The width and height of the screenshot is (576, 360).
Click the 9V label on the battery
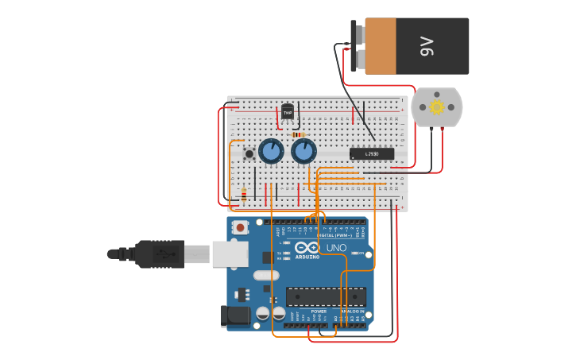[427, 46]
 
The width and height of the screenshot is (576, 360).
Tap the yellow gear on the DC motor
[437, 106]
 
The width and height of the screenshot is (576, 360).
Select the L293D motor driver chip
[372, 153]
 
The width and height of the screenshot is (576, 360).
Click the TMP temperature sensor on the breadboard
[288, 112]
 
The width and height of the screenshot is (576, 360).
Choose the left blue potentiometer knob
[271, 151]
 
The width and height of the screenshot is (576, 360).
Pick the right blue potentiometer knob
[303, 151]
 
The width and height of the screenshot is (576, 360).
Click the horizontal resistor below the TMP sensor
[300, 135]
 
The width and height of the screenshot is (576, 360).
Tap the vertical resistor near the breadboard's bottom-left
[243, 194]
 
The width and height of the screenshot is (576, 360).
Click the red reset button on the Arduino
[240, 227]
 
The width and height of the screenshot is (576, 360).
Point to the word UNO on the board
[336, 248]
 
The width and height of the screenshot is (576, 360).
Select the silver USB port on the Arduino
[230, 254]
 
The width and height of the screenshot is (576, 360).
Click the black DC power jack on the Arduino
[236, 315]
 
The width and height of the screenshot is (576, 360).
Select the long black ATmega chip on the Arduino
[326, 296]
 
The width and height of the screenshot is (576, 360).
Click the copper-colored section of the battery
[380, 46]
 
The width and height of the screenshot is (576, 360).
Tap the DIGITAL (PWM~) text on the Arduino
[333, 235]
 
